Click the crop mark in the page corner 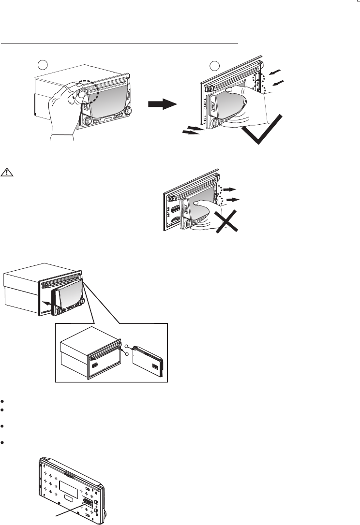[357, 3]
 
